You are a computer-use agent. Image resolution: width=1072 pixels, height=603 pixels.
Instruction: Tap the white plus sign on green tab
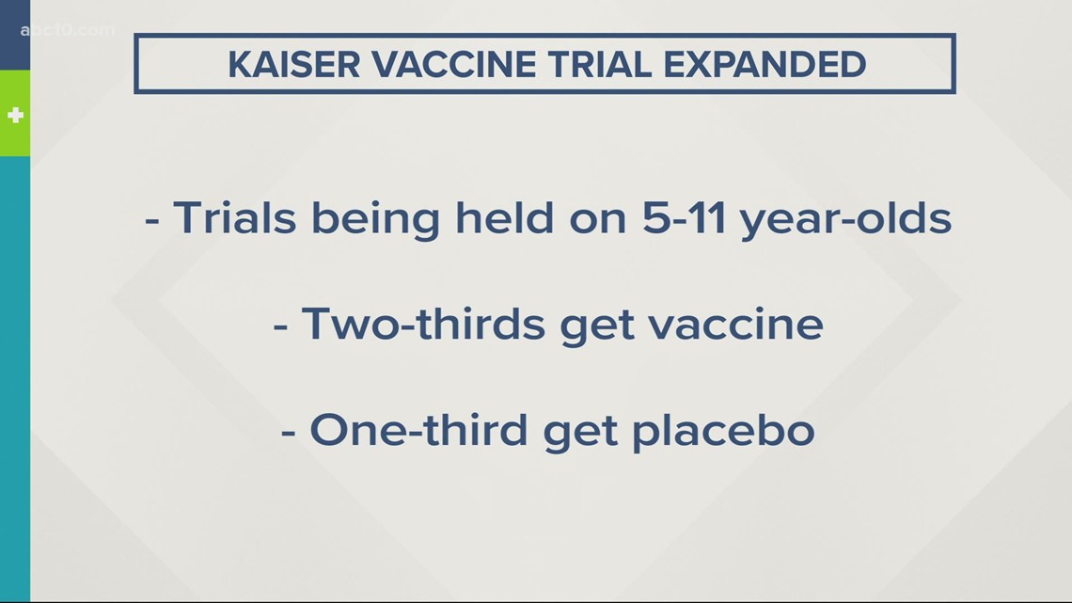coord(15,116)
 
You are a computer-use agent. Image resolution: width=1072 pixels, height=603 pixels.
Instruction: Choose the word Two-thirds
coord(423,324)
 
